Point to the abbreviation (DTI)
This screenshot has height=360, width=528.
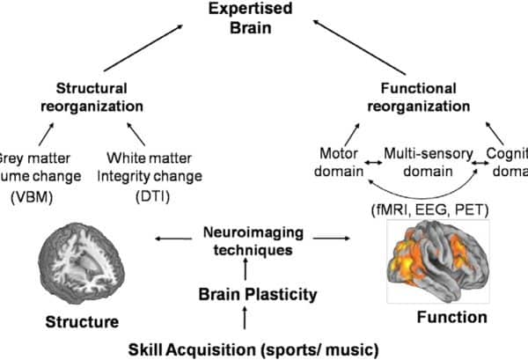pos(155,194)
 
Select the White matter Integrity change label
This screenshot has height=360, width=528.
pos(155,165)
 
